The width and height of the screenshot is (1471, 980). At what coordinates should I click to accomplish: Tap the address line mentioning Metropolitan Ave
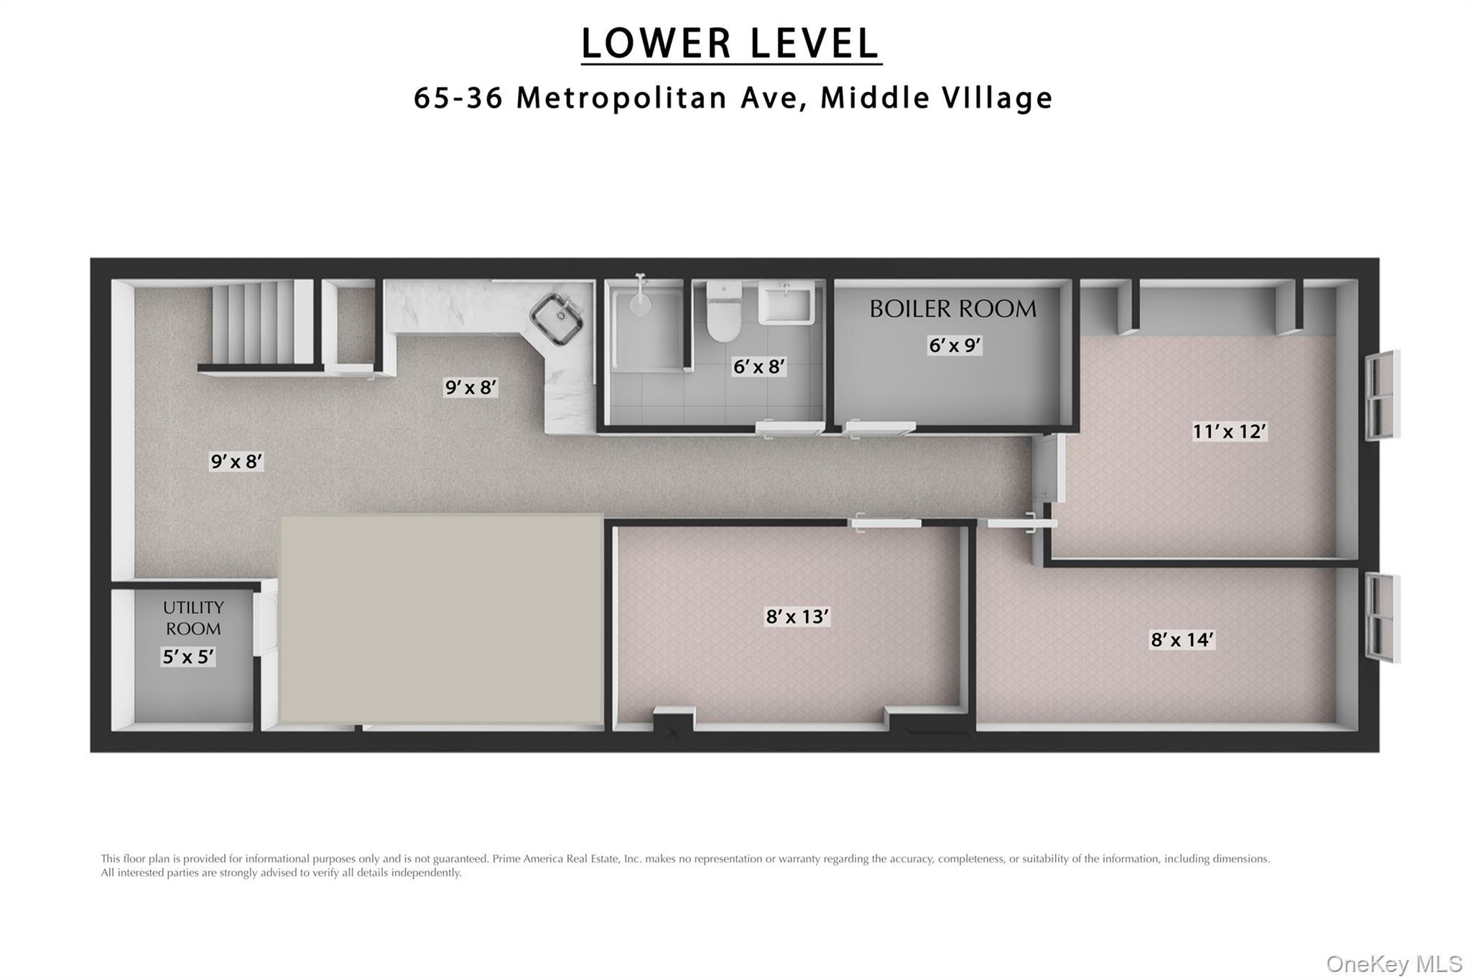pyautogui.click(x=733, y=98)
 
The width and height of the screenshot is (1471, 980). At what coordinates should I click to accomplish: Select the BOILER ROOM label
pyautogui.click(x=952, y=309)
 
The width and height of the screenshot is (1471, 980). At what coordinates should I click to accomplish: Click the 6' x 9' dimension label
pyautogui.click(x=955, y=345)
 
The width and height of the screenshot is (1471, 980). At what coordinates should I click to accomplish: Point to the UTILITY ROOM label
pyautogui.click(x=193, y=618)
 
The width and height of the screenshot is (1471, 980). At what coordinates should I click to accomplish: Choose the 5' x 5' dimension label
pyautogui.click(x=188, y=656)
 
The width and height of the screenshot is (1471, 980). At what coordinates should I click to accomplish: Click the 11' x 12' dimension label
pyautogui.click(x=1229, y=431)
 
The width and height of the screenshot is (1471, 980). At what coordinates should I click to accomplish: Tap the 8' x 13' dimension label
pyautogui.click(x=797, y=616)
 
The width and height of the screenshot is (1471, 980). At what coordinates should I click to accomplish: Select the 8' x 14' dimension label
pyautogui.click(x=1182, y=639)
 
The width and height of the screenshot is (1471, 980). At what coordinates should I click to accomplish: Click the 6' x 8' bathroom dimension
pyautogui.click(x=758, y=367)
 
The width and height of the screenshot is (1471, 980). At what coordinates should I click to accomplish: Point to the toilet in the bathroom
pyautogui.click(x=723, y=313)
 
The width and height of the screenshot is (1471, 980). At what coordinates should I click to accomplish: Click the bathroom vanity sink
pyautogui.click(x=786, y=302)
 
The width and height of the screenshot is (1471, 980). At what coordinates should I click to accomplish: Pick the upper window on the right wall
pyautogui.click(x=1382, y=396)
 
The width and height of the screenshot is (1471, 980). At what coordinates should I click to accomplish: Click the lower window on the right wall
pyautogui.click(x=1382, y=617)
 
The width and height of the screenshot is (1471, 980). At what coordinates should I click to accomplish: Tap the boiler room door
pyautogui.click(x=879, y=429)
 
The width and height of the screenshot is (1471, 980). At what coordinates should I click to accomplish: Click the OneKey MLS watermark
pyautogui.click(x=1393, y=963)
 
